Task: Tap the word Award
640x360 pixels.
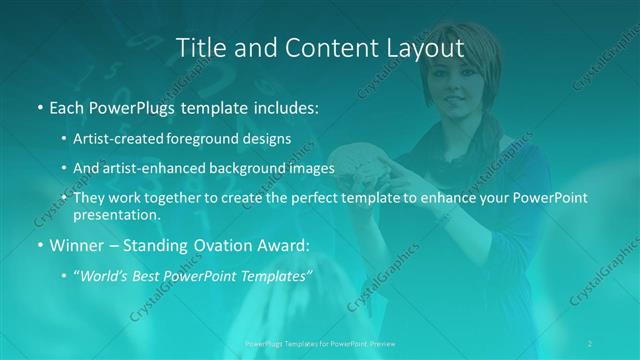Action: tap(270, 245)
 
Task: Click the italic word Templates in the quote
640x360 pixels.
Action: tap(275, 276)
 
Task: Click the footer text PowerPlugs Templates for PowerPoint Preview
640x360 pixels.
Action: tap(319, 343)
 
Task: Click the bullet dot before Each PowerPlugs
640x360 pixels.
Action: tap(39, 107)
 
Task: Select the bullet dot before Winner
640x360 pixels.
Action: tap(39, 246)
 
